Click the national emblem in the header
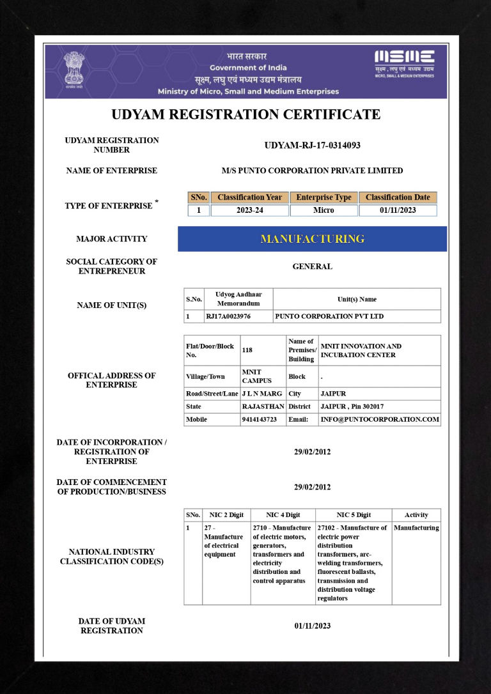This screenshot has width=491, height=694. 74,69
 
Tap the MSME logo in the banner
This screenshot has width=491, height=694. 404,63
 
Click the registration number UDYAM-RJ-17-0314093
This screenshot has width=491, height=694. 312,145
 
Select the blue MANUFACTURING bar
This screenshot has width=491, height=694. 312,239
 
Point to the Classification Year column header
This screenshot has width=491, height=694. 249,197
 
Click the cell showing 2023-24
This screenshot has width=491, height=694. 249,210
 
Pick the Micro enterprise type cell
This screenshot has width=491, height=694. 323,210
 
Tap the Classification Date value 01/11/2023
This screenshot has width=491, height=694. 398,210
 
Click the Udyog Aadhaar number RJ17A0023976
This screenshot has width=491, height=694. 228,316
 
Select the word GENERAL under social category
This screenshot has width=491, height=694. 312,266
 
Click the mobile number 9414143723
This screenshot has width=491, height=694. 259,420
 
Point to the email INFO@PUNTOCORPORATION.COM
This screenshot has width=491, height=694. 380,420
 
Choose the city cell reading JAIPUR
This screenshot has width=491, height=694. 333,394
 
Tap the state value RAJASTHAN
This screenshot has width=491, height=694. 263,406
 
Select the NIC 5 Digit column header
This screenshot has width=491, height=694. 354,515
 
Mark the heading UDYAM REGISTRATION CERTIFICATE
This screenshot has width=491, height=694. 245,115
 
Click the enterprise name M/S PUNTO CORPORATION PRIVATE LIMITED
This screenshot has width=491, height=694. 312,171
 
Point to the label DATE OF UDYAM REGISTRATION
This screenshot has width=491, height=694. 112,626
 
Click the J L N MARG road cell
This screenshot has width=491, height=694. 262,394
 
